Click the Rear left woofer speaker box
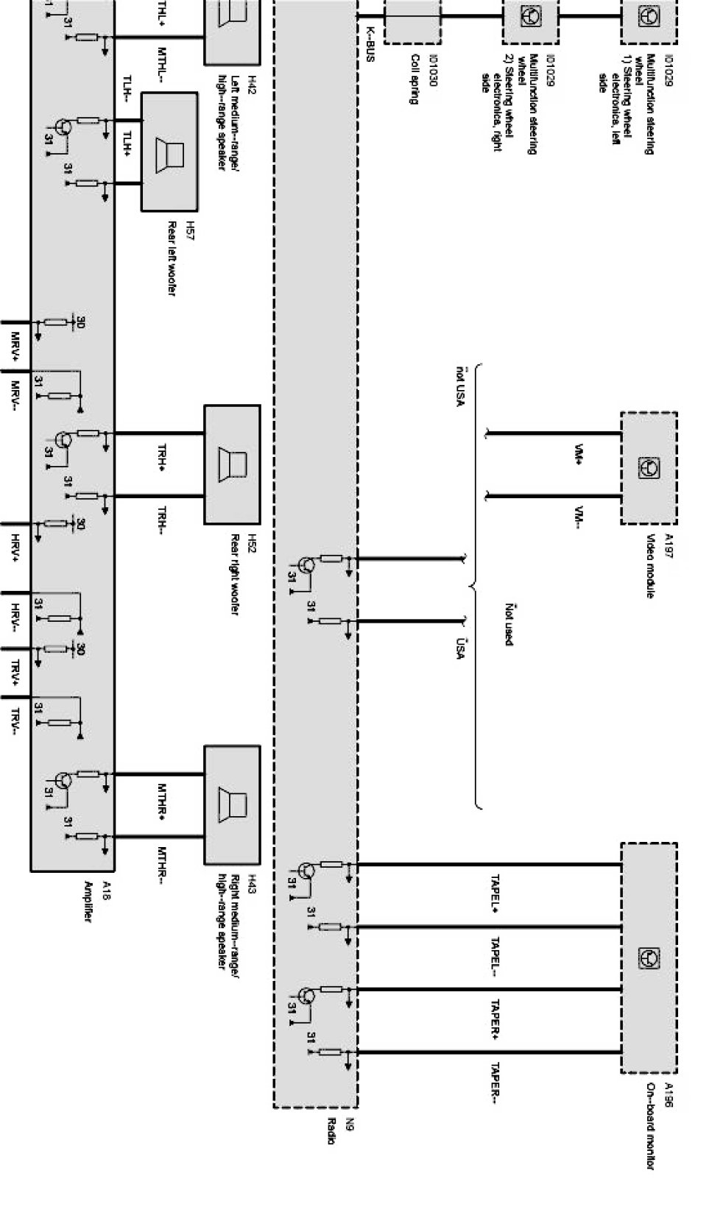coord(169,152)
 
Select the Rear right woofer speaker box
coord(232,464)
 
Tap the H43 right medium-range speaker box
coord(232,806)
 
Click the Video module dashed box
coord(649,468)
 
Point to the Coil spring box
coord(413,21)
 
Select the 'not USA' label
coord(461,386)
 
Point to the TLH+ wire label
coord(127,144)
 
